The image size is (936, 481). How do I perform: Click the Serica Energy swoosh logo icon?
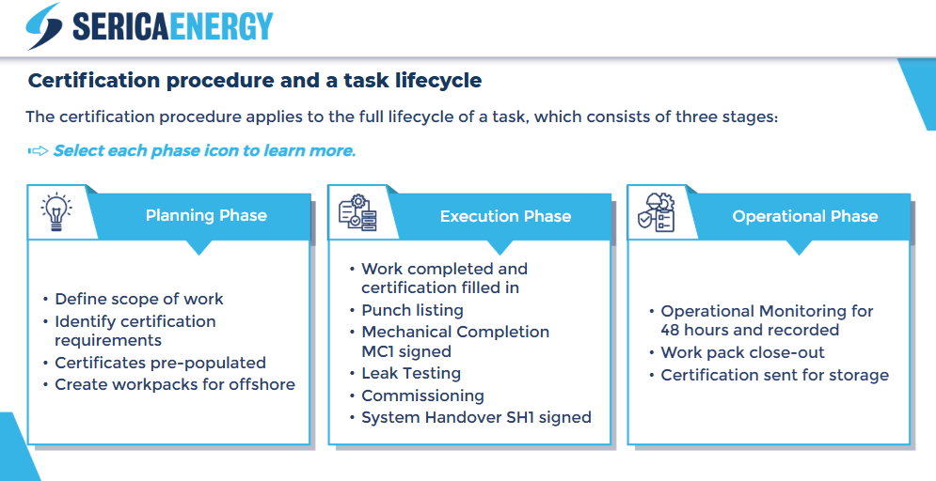[44, 26]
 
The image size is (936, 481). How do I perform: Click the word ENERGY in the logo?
[221, 27]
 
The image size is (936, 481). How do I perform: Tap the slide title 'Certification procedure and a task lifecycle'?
[255, 81]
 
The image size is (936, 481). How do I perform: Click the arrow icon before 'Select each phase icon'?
[39, 151]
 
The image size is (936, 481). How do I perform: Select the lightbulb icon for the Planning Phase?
[56, 212]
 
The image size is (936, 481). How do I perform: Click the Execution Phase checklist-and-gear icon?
[357, 212]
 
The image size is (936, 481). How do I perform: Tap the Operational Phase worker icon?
[656, 212]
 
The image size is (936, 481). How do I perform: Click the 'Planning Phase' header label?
[206, 215]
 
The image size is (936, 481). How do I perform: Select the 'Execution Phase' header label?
[505, 216]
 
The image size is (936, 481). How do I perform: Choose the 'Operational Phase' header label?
[805, 216]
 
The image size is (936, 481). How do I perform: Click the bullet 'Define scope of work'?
[139, 299]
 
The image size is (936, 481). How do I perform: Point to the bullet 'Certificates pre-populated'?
[161, 363]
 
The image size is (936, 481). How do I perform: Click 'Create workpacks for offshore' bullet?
[175, 384]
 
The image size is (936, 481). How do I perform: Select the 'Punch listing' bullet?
[412, 310]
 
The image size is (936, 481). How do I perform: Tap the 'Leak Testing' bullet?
[411, 373]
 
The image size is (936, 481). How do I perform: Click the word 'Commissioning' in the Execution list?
[422, 396]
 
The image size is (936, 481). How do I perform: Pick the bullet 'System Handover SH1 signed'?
[476, 417]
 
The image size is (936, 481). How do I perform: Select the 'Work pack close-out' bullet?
[742, 352]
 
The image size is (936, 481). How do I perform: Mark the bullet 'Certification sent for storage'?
[775, 375]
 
